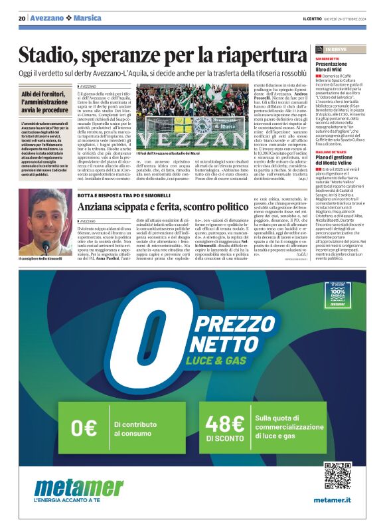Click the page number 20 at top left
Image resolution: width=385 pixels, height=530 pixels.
22,18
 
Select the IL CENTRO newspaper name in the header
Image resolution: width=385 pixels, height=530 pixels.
313,18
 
